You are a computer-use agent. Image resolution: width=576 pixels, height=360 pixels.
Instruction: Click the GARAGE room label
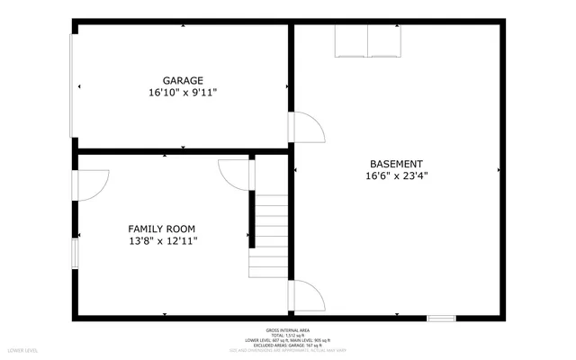click(x=183, y=80)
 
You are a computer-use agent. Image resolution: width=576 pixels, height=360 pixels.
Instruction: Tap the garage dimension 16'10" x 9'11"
click(x=183, y=93)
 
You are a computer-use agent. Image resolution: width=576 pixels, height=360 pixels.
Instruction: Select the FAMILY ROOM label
click(x=161, y=229)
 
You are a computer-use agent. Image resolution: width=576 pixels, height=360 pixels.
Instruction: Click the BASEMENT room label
click(x=396, y=164)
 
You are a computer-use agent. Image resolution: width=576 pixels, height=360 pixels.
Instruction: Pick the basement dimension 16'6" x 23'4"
click(x=396, y=176)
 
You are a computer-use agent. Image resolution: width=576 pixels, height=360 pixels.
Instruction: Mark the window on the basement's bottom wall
click(x=441, y=318)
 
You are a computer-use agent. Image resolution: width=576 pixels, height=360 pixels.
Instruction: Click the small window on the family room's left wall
click(x=75, y=253)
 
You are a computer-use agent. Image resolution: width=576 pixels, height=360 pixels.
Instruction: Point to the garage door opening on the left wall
click(x=74, y=86)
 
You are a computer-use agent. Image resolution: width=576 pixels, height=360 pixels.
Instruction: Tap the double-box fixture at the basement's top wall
click(x=368, y=40)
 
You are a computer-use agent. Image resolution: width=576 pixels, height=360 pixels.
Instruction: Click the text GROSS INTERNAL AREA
click(x=288, y=329)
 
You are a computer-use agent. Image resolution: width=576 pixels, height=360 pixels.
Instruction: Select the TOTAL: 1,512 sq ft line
click(x=288, y=335)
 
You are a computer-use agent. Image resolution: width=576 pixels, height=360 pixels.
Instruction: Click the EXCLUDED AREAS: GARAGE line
click(x=288, y=345)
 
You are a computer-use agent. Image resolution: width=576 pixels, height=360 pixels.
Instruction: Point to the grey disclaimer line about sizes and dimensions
click(x=288, y=350)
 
